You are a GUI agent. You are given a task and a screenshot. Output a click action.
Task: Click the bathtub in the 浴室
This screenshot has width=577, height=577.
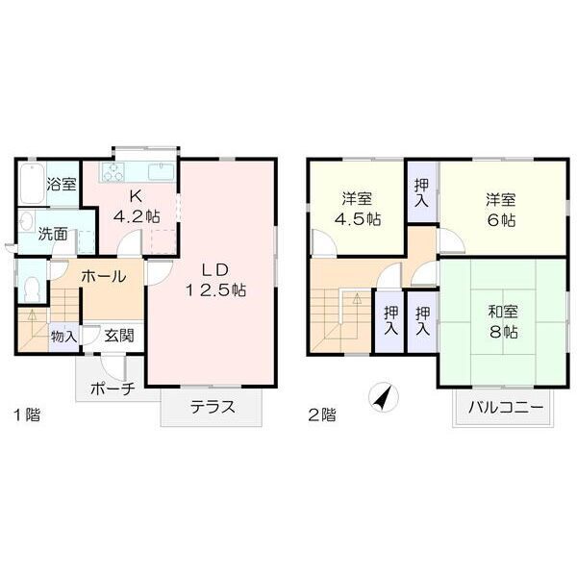pos(28,183)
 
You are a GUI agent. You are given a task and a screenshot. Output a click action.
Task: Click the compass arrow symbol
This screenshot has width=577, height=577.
pos(383,395)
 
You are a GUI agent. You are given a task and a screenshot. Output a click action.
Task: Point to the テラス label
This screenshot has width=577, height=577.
pos(213,406)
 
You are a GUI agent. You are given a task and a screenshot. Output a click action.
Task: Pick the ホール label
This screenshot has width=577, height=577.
pos(103,276)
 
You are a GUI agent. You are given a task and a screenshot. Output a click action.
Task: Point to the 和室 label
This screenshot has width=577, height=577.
pos(502,311)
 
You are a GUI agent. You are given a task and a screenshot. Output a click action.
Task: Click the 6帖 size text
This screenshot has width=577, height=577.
pos(502,220)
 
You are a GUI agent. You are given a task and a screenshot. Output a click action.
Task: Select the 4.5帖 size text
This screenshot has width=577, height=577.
pos(357,220)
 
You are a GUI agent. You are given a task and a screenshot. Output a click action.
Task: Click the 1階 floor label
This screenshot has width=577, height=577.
pos(25,415)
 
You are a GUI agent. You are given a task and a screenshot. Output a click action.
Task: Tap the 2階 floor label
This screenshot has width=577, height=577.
pos(321,415)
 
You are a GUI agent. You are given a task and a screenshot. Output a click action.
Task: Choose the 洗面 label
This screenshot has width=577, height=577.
pos(54,233)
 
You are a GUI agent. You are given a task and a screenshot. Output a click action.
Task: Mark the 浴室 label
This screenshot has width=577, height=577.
pos(63,184)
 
